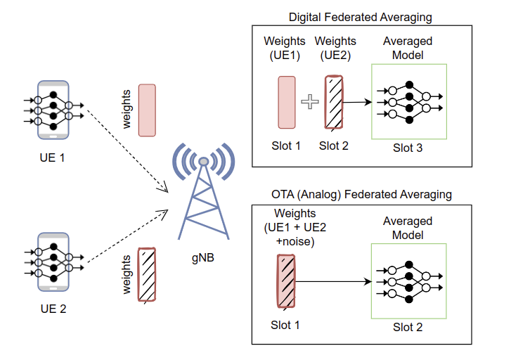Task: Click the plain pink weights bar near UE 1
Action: click(147, 110)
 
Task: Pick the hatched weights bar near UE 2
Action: click(147, 274)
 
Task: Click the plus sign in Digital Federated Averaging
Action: click(309, 103)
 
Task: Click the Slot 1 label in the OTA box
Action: click(285, 325)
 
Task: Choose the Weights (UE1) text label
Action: click(285, 48)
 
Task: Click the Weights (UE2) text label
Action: click(335, 48)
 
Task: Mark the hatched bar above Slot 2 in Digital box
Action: click(334, 103)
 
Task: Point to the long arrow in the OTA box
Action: click(333, 283)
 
